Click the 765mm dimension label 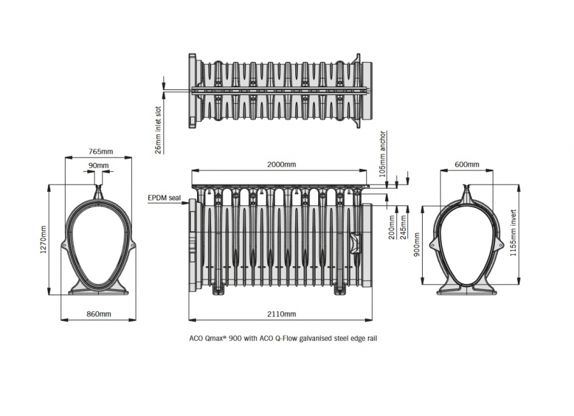pos(101,151)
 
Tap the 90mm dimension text pos(98,165)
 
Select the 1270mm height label pos(43,239)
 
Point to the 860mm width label pos(99,314)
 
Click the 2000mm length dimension pos(281,165)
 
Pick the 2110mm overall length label pos(281,314)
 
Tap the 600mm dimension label pos(467,165)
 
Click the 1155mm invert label pos(513,233)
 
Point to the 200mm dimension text pos(392,227)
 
